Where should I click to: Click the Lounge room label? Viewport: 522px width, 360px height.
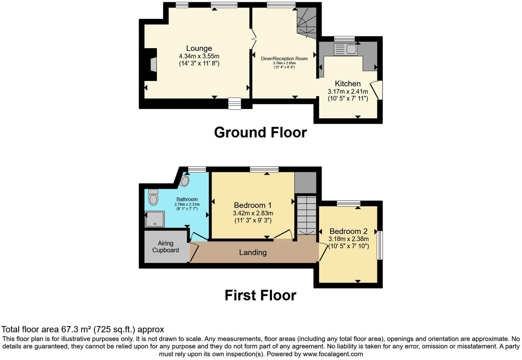tap(199, 48)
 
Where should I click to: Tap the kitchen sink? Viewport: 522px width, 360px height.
tap(346, 49)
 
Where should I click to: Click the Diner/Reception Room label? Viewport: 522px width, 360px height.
tap(284, 58)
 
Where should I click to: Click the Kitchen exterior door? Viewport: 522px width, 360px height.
tap(376, 90)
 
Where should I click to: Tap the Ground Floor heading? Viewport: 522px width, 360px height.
tap(260, 133)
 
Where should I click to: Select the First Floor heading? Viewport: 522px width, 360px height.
tap(260, 295)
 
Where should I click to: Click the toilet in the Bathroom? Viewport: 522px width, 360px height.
tap(153, 198)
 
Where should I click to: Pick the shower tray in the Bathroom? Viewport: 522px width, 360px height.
tap(155, 219)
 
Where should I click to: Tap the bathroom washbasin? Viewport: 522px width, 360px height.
tap(185, 180)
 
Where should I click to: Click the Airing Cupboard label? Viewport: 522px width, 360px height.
tap(166, 247)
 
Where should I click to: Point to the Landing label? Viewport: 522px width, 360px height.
tap(253, 252)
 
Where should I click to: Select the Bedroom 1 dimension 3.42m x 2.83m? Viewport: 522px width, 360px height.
tap(253, 213)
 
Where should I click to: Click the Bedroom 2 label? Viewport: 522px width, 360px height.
tap(348, 231)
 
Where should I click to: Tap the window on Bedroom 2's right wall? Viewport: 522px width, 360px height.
tap(380, 245)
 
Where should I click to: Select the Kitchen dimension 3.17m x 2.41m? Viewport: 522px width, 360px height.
tap(348, 91)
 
